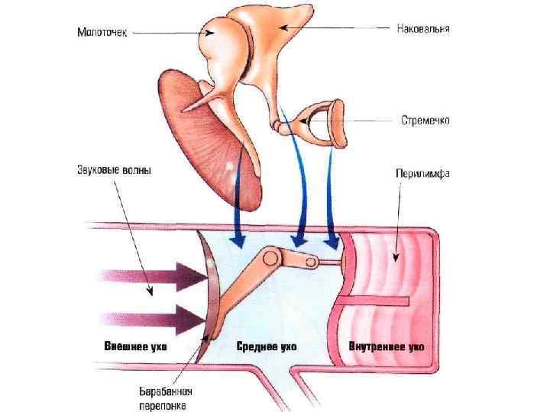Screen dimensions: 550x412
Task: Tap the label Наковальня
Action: tap(422, 29)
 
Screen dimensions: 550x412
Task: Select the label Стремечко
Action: tap(425, 120)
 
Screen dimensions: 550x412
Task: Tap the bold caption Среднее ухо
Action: tap(267, 347)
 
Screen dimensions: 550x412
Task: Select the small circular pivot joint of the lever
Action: tap(312, 262)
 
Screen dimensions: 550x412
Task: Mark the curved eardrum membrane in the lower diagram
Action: tap(205, 290)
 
